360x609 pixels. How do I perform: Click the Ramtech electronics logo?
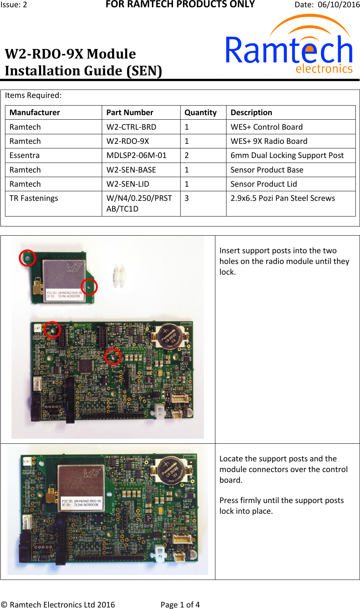click(x=289, y=46)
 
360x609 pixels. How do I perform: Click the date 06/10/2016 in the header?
click(x=339, y=5)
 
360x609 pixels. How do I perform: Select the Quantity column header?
click(x=200, y=112)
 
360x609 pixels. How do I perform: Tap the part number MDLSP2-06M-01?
click(x=136, y=155)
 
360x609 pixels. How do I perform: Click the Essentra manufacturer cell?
click(x=24, y=155)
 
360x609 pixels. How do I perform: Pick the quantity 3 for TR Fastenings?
click(x=187, y=198)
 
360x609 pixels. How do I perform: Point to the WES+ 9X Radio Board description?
click(x=269, y=141)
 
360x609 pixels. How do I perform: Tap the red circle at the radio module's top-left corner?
click(x=28, y=258)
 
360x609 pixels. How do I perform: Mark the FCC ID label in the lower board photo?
click(x=81, y=503)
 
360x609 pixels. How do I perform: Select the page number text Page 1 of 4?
click(x=180, y=604)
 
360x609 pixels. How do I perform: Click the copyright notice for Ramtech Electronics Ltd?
click(x=58, y=604)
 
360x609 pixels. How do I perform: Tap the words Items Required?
click(x=33, y=95)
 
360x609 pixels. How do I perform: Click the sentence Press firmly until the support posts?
click(x=281, y=500)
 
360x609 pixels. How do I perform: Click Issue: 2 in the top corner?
click(x=14, y=5)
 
